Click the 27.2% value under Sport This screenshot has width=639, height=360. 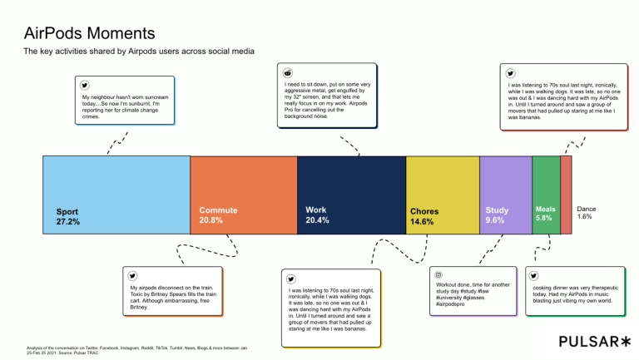point(68,222)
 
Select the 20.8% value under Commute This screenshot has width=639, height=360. point(211,221)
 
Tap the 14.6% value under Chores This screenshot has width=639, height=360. point(423,222)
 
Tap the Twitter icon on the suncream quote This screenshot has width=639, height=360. point(83,85)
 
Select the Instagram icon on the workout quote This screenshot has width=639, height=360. point(438,274)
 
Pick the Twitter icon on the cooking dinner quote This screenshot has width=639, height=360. point(532,276)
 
